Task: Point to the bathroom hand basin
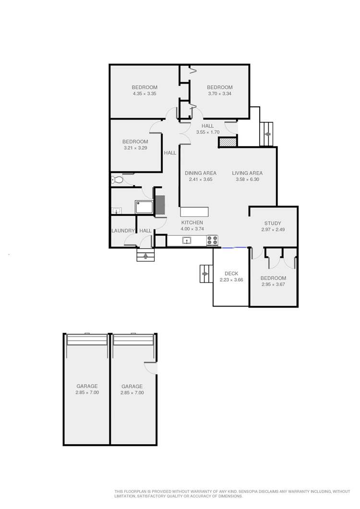pyautogui.click(x=116, y=210)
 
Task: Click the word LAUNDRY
pyautogui.click(x=123, y=231)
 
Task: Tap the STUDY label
pyautogui.click(x=273, y=223)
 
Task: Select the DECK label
pyautogui.click(x=231, y=273)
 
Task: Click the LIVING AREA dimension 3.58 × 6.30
pyautogui.click(x=247, y=179)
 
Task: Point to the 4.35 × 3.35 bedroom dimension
pyautogui.click(x=145, y=94)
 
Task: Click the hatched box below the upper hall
pyautogui.click(x=228, y=142)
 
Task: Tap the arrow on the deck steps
pyautogui.click(x=206, y=274)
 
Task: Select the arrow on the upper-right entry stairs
pyautogui.click(x=267, y=134)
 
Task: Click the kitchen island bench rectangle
pyautogui.click(x=194, y=212)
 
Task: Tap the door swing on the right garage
pyautogui.click(x=151, y=367)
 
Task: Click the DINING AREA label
pyautogui.click(x=201, y=173)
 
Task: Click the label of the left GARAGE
pyautogui.click(x=87, y=386)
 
